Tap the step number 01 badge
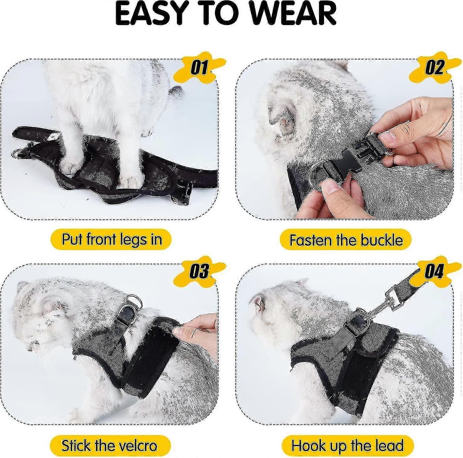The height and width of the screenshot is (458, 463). (199, 67)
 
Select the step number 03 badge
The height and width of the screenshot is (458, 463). (199, 271)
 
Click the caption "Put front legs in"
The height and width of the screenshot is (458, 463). (111, 239)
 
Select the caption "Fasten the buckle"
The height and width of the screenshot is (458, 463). (346, 240)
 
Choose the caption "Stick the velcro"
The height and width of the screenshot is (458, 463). (109, 445)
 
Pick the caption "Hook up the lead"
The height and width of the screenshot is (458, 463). (347, 445)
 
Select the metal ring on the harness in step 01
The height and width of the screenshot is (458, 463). (18, 154)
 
